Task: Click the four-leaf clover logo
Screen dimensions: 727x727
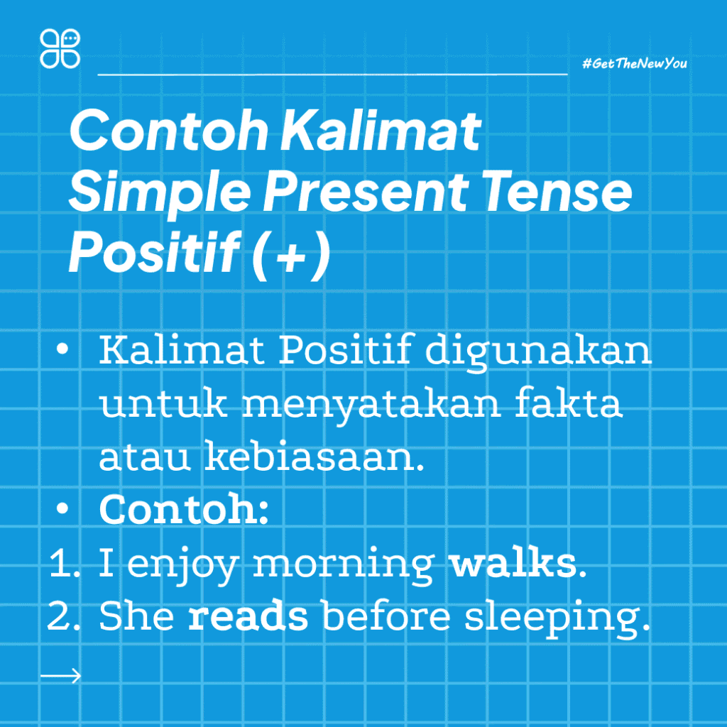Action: (60, 48)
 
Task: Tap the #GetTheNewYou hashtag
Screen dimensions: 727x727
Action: (634, 64)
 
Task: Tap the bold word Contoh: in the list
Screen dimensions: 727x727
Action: (184, 510)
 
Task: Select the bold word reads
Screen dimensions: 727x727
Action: (248, 616)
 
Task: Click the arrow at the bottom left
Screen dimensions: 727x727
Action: (61, 675)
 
